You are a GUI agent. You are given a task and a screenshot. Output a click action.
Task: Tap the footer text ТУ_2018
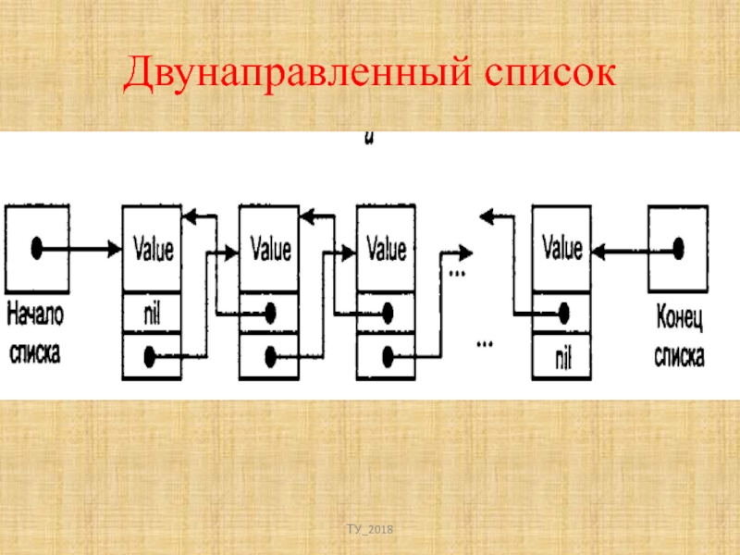tap(370, 528)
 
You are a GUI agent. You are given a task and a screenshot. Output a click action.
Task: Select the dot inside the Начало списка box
tap(37, 248)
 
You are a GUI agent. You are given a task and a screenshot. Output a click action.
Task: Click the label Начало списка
tap(35, 335)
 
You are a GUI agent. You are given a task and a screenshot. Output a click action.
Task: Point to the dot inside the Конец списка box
tap(678, 248)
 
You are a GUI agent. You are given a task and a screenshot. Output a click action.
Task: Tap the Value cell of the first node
tap(154, 249)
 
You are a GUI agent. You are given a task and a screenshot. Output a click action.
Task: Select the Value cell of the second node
tap(270, 249)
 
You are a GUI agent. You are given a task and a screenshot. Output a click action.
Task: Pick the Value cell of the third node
tap(387, 249)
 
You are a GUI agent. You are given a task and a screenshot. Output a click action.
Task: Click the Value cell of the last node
tap(561, 249)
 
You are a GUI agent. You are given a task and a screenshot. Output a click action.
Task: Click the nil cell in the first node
tap(153, 312)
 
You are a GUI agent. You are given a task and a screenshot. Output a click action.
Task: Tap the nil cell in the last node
tap(561, 356)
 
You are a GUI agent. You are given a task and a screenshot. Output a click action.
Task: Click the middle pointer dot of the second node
tap(270, 313)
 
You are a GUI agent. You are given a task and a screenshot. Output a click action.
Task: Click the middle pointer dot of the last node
tap(561, 313)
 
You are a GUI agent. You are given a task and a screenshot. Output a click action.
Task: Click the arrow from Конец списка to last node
tap(629, 248)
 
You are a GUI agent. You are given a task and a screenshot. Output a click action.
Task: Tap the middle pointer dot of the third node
tap(387, 313)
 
